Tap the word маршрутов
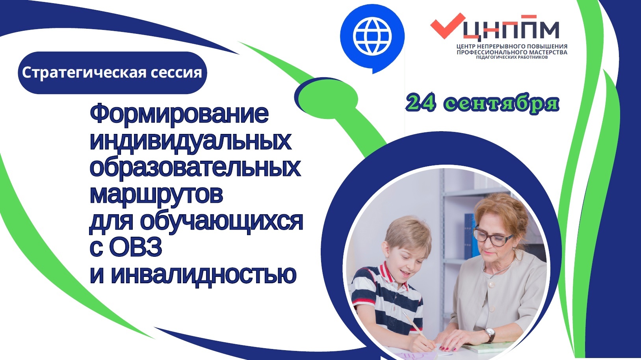[156, 195]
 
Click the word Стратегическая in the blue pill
[84, 73]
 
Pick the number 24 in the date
[420, 103]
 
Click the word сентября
[501, 104]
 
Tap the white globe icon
[372, 36]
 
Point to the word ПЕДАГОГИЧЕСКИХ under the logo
[492, 57]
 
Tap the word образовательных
[195, 168]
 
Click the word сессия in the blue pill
[177, 73]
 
